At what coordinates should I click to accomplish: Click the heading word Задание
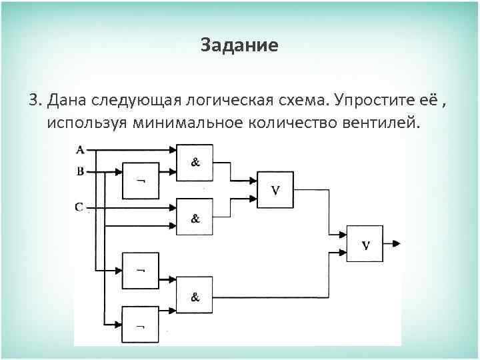pyautogui.click(x=239, y=46)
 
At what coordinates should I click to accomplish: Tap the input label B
pyautogui.click(x=80, y=171)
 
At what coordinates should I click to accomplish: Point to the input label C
pyautogui.click(x=79, y=207)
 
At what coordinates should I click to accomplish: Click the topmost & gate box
pyautogui.click(x=195, y=163)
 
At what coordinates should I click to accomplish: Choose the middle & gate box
pyautogui.click(x=195, y=217)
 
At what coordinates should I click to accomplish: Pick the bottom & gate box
pyautogui.click(x=195, y=296)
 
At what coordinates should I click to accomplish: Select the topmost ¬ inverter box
pyautogui.click(x=141, y=181)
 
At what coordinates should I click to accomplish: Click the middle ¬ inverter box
pyautogui.click(x=141, y=271)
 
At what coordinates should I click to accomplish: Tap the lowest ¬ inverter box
pyautogui.click(x=141, y=325)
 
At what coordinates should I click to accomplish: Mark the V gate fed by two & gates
pyautogui.click(x=275, y=190)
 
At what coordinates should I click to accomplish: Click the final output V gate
pyautogui.click(x=365, y=243)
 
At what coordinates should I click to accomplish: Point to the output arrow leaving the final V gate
pyautogui.click(x=393, y=243)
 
